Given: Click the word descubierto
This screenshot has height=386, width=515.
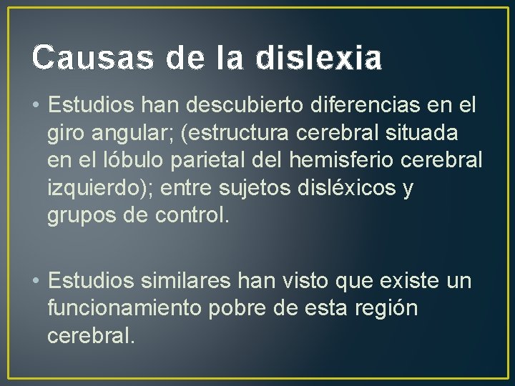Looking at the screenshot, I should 249,107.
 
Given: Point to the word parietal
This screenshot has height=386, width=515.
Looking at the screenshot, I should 202,161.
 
